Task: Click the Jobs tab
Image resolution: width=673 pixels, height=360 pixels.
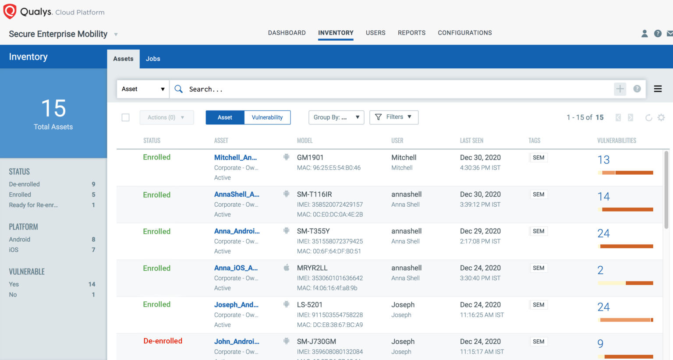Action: click(x=153, y=59)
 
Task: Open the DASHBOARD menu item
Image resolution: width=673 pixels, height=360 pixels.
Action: click(x=287, y=33)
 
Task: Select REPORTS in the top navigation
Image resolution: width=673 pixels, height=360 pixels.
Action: click(x=411, y=33)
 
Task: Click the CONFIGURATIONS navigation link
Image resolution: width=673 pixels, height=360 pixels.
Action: click(x=464, y=33)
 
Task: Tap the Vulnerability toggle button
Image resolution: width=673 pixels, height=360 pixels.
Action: click(x=267, y=117)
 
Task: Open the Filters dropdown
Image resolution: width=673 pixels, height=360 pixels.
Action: click(x=394, y=117)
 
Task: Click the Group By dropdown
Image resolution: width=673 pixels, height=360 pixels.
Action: click(x=336, y=117)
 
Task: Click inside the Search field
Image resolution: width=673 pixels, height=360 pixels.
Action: click(x=394, y=89)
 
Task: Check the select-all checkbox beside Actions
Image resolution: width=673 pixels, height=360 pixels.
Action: click(x=126, y=117)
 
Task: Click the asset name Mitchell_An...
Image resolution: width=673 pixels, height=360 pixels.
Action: click(x=235, y=158)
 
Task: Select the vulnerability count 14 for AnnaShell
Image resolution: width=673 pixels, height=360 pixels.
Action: click(x=603, y=197)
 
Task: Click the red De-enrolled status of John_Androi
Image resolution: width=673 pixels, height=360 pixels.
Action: click(x=163, y=341)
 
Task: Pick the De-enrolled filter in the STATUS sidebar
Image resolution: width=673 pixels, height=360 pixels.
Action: click(x=25, y=184)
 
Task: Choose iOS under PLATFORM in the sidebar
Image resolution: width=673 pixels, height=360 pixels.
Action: click(x=14, y=250)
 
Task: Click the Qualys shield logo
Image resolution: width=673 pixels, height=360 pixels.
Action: click(x=10, y=11)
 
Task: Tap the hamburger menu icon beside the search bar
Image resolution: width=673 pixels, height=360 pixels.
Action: click(x=658, y=89)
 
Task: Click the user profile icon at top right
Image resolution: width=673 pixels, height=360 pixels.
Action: click(x=645, y=33)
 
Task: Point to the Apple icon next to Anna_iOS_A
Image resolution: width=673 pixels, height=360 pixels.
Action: click(x=286, y=268)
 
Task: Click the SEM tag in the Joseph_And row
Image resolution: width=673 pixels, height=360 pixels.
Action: click(x=538, y=305)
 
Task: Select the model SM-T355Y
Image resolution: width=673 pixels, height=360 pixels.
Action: click(x=313, y=231)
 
